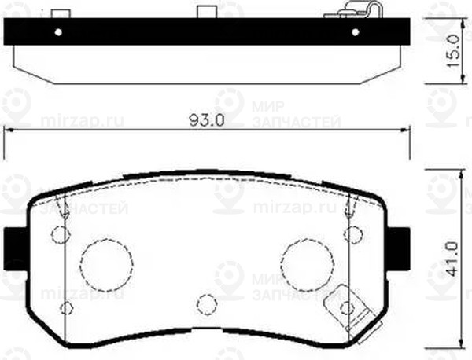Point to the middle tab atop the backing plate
205,14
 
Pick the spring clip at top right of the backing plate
357,11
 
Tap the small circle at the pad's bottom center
205,303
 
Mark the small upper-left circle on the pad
59,233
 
